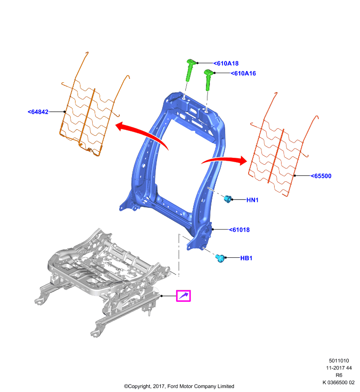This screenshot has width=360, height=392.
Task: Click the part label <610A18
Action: (x=226, y=64)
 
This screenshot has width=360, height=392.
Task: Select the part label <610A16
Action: (x=243, y=73)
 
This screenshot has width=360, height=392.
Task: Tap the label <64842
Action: (x=38, y=112)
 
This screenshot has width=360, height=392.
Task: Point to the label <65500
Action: (x=321, y=176)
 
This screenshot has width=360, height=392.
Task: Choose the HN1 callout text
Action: (x=253, y=200)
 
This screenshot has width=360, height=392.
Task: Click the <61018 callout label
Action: (x=239, y=230)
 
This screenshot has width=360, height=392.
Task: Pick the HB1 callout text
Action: (x=246, y=258)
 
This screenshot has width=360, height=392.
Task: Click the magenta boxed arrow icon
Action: (x=183, y=296)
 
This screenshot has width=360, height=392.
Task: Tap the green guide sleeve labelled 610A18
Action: (x=191, y=70)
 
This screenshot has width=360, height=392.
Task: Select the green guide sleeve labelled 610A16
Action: (x=208, y=79)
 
